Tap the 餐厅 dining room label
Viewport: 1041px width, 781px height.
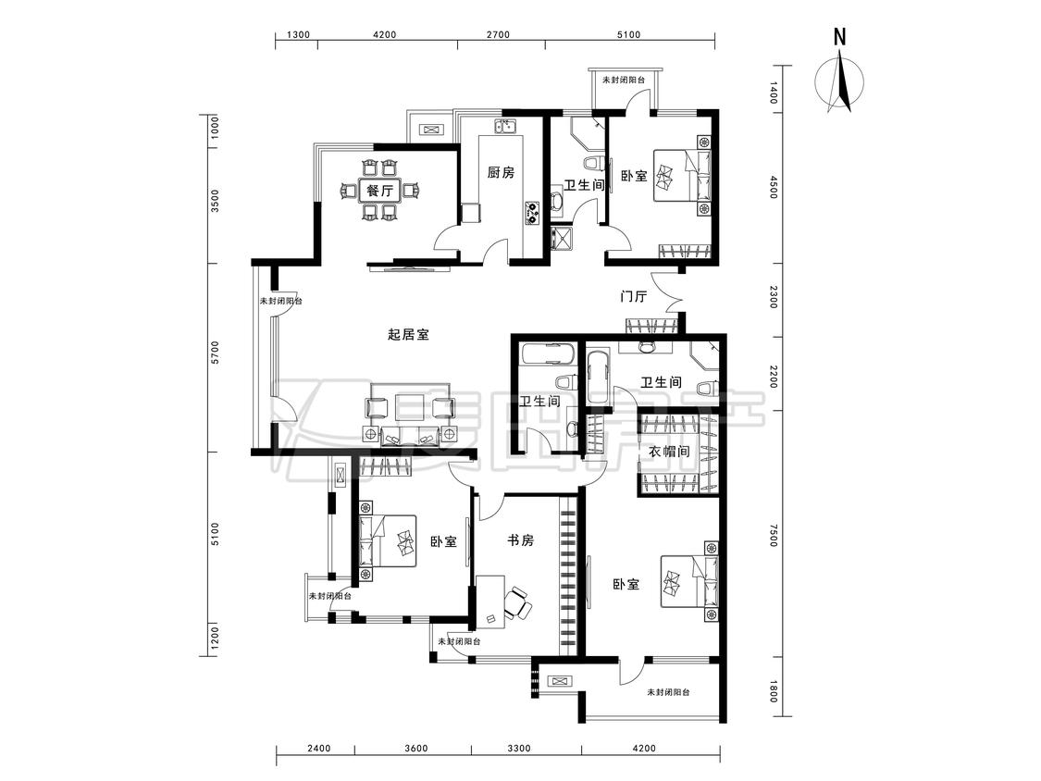point(379,192)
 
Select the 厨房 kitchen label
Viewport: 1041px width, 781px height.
point(501,173)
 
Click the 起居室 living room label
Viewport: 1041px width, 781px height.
point(408,334)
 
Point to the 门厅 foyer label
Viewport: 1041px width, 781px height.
point(633,296)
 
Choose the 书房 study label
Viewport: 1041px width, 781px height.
point(520,540)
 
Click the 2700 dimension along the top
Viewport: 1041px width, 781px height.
point(498,34)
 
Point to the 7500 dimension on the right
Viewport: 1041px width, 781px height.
point(772,535)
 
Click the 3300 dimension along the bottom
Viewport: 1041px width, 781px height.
point(519,749)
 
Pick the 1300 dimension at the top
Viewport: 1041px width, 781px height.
point(298,34)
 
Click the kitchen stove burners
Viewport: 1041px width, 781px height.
point(533,212)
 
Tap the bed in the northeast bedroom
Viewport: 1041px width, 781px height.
point(682,175)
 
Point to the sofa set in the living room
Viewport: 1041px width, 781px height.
point(410,413)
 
